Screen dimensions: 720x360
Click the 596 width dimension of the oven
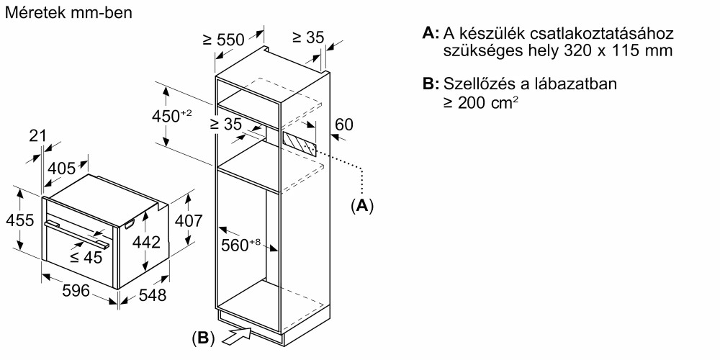76,290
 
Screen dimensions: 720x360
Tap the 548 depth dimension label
153,294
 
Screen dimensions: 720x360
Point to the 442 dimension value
146,241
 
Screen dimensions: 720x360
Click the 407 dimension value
188,221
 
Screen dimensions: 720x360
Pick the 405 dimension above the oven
61,168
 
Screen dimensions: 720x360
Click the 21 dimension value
37,136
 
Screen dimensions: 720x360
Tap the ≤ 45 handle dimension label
86,258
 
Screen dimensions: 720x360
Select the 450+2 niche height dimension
171,116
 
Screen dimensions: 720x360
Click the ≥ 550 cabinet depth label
224,40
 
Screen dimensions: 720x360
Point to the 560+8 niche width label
240,246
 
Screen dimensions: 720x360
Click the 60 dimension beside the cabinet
344,124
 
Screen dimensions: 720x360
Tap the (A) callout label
362,206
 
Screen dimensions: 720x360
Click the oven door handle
77,234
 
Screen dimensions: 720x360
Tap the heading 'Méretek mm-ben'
68,13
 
